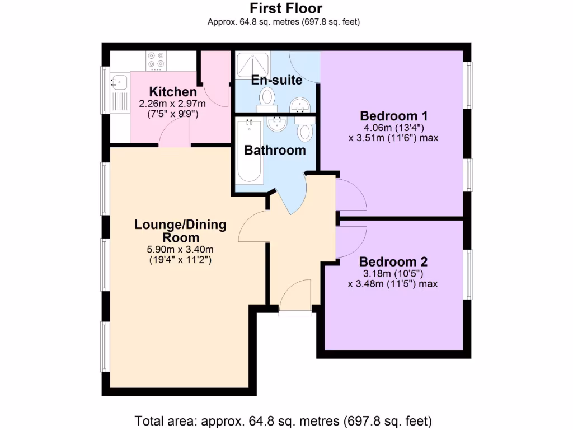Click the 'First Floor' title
point(285,8)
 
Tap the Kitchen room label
point(172,92)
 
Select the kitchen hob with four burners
point(156,60)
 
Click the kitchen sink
point(119,83)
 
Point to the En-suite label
point(276,80)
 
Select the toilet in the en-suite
point(267,99)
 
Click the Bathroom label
point(275,150)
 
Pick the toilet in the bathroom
point(305,131)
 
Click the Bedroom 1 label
point(393,116)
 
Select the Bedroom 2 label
point(393,261)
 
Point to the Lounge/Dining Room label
point(180,231)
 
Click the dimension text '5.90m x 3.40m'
point(180,250)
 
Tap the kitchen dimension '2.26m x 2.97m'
point(172,104)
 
